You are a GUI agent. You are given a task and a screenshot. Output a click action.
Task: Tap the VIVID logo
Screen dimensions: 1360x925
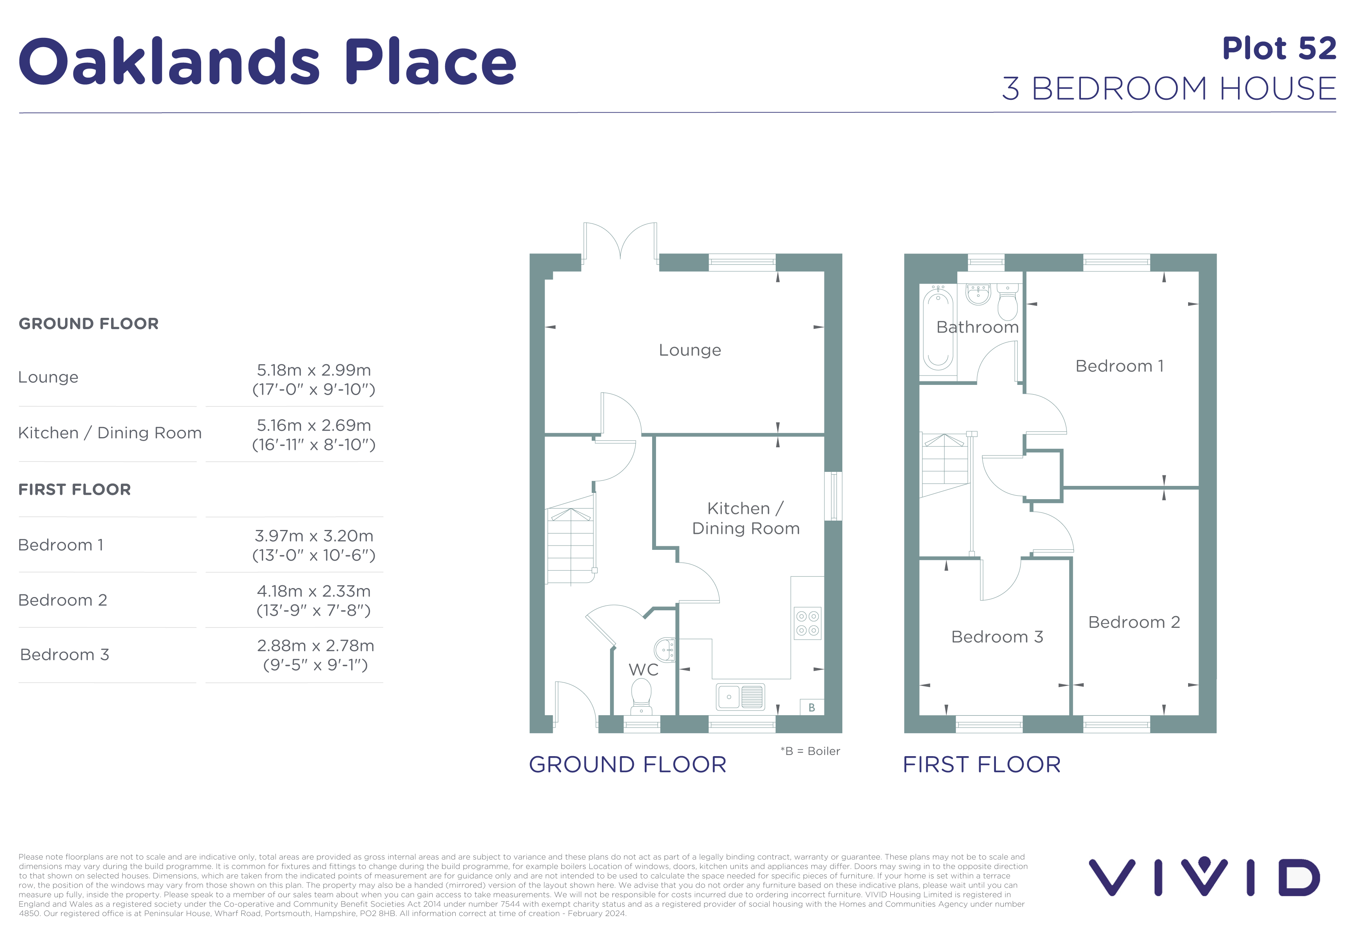[1204, 877]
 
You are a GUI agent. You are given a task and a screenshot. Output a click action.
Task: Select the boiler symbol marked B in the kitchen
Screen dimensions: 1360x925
[812, 707]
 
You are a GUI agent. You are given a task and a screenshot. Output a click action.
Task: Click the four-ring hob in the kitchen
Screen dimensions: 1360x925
[808, 623]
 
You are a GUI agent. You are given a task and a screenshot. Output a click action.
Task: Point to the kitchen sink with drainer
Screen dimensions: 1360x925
[740, 697]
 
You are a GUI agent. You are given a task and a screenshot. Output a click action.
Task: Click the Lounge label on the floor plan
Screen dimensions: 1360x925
[690, 350]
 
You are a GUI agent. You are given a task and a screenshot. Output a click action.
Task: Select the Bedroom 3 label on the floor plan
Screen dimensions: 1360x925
[997, 637]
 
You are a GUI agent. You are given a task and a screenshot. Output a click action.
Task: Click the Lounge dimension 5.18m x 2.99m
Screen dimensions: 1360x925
[314, 370]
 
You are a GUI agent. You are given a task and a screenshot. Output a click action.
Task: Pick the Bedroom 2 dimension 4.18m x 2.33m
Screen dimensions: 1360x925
[314, 591]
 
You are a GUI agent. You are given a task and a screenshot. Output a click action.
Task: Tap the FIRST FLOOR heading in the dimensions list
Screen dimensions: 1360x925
[74, 489]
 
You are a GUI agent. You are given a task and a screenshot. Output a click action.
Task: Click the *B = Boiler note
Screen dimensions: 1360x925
[810, 751]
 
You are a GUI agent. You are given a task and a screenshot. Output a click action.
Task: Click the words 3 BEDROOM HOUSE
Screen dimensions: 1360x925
[1169, 89]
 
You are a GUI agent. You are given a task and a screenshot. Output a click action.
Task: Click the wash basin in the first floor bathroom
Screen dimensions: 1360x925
[978, 294]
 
